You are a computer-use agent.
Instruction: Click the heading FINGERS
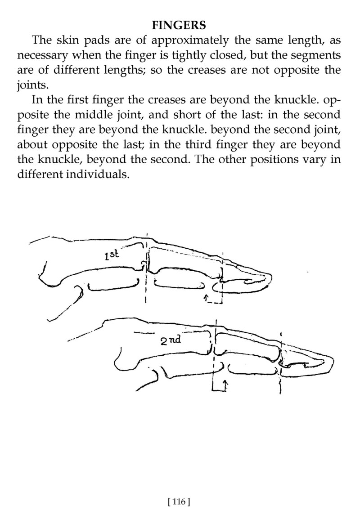tap(179, 25)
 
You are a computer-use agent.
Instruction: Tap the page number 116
tap(178, 501)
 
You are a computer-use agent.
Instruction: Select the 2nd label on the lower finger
tap(170, 340)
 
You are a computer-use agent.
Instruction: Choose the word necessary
tap(43, 56)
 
